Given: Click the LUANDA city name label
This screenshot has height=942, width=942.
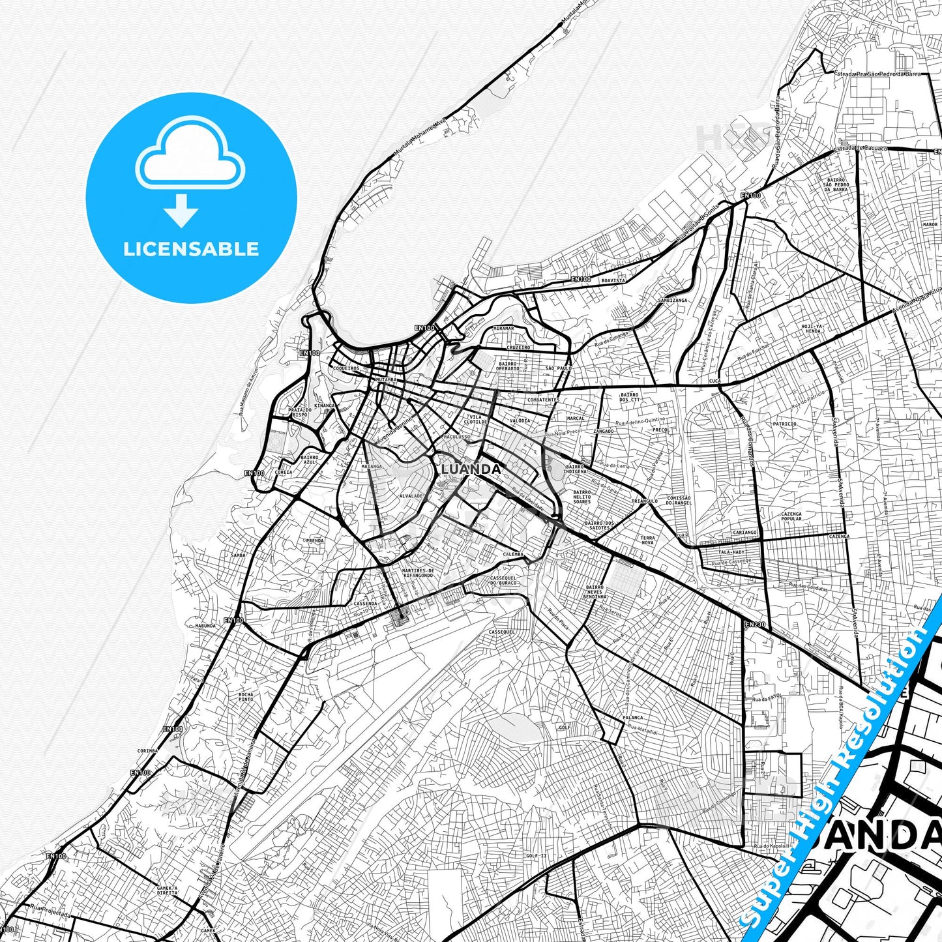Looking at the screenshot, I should (471, 469).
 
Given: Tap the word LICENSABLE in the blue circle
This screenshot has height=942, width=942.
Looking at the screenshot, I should (191, 249).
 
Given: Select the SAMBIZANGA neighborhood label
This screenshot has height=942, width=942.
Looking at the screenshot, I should (672, 301).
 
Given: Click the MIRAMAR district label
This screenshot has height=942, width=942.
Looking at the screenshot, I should (503, 329).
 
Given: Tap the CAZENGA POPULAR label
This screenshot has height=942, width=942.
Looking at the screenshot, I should (791, 516).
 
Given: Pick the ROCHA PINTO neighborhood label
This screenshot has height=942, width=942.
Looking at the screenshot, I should (246, 697).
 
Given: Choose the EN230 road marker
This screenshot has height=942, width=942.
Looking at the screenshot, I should (755, 625).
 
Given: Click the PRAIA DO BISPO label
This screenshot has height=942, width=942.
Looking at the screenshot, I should (301, 412).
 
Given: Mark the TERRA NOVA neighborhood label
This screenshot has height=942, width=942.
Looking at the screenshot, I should (647, 540).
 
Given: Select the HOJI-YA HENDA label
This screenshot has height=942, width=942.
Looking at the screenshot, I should (812, 328).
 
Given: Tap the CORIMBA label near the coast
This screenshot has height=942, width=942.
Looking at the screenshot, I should (147, 751).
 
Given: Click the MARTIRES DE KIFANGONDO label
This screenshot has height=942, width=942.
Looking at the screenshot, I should (418, 573).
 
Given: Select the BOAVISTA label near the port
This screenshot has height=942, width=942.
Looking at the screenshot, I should (613, 280).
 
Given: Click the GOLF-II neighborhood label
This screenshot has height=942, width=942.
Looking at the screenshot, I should (537, 856).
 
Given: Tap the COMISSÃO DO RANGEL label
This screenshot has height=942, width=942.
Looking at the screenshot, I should (679, 501).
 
